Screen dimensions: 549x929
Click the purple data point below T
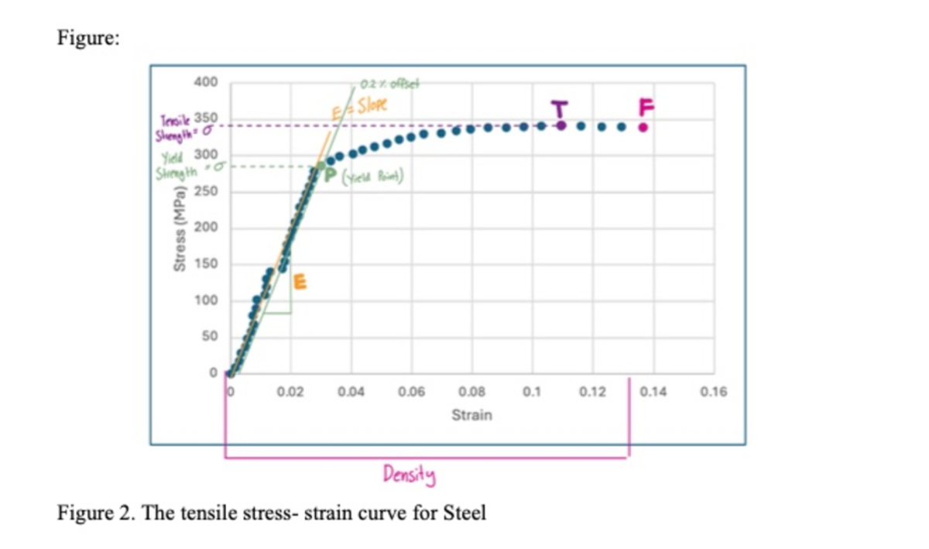click(x=560, y=125)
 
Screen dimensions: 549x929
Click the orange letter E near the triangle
click(x=300, y=283)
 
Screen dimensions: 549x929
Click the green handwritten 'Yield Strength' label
click(x=175, y=162)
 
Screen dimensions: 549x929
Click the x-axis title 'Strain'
click(x=471, y=415)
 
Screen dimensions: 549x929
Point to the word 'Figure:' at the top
click(x=87, y=41)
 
